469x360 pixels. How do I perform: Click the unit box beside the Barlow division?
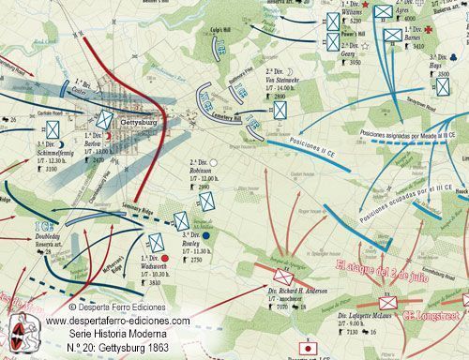[x=106, y=121]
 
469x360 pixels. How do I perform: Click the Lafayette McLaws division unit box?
[x=387, y=303]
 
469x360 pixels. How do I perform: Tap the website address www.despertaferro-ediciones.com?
[x=117, y=320]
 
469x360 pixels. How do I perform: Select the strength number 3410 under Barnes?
[x=420, y=45]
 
